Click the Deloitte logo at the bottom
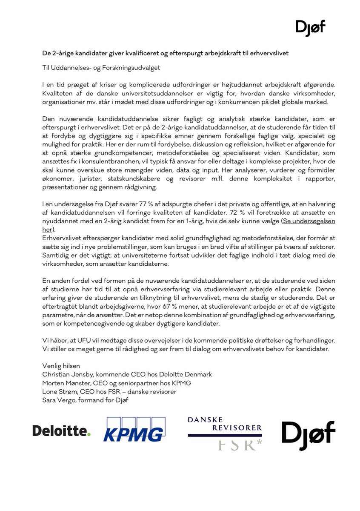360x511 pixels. [62, 431]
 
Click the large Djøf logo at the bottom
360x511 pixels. [309, 433]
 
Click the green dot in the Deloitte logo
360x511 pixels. [89, 434]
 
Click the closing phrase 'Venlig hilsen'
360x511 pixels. [61, 366]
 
